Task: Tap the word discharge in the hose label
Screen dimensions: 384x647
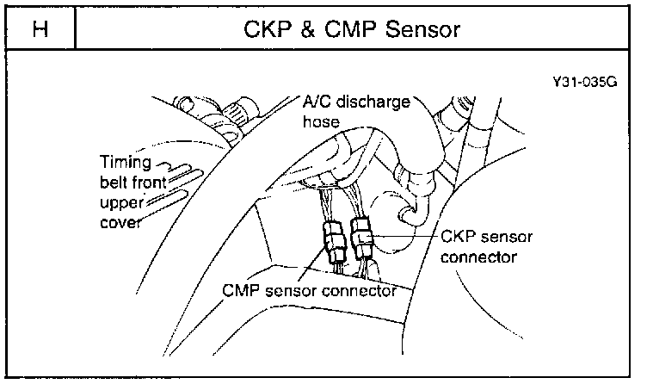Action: [374, 102]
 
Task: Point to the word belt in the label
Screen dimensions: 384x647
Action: [113, 182]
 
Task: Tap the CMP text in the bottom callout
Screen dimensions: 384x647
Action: [240, 289]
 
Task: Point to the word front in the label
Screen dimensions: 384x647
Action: [151, 182]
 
